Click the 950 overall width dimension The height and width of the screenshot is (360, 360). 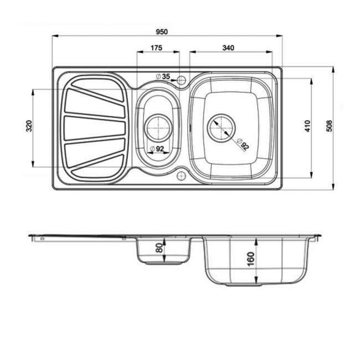[165, 30]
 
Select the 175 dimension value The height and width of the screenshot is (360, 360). [156, 48]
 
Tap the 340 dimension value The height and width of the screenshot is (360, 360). [228, 48]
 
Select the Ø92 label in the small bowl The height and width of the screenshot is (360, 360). [158, 148]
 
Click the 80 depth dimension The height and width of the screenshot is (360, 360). [160, 247]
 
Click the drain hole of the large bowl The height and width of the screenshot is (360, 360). [222, 128]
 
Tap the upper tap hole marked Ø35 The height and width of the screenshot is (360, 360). [181, 81]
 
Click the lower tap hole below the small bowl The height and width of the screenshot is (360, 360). [181, 176]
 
